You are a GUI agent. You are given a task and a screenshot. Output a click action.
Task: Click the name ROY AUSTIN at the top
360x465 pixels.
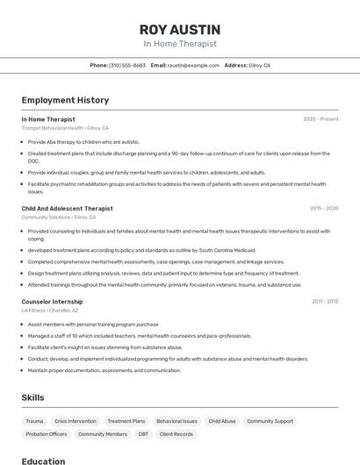[180, 29]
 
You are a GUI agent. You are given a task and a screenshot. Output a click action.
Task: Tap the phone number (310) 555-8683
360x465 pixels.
[127, 65]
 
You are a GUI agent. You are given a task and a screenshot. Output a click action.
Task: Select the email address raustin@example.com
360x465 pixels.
[192, 65]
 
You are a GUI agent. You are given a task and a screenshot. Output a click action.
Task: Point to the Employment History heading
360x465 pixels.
[65, 100]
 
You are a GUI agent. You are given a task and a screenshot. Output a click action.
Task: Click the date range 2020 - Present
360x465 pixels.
[320, 118]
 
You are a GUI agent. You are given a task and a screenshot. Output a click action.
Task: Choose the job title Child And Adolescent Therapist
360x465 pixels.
[67, 209]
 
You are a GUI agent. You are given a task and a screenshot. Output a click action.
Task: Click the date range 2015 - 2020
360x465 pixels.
[324, 209]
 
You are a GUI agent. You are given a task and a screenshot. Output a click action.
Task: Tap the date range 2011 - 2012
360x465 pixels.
[325, 301]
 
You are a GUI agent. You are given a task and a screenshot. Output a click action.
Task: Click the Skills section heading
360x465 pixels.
[33, 397]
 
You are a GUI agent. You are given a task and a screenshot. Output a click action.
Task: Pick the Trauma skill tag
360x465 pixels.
[34, 421]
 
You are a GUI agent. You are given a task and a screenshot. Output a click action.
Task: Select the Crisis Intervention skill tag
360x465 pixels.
[76, 421]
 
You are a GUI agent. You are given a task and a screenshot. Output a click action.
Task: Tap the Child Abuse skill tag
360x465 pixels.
[222, 421]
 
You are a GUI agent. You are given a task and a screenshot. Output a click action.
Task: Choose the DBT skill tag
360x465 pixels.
[143, 433]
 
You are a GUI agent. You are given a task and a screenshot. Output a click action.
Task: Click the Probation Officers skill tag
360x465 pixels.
[46, 433]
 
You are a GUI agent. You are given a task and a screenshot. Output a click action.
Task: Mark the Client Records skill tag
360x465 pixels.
[176, 433]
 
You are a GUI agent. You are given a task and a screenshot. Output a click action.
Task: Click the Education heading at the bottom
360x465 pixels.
[43, 460]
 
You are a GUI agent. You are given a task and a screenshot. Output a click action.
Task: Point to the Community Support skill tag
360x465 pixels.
[270, 421]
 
